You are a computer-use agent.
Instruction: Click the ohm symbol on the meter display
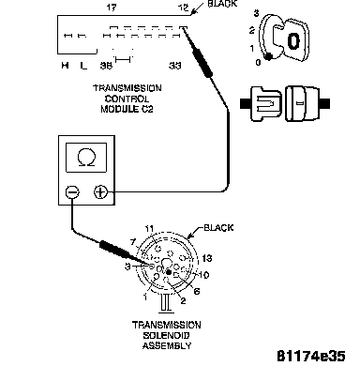86,157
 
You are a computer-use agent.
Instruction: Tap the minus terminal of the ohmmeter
72,191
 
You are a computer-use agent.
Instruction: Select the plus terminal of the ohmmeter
100,191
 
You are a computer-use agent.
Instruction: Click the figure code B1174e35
311,356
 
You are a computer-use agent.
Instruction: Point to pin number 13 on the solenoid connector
207,258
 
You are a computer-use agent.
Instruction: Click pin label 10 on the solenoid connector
203,275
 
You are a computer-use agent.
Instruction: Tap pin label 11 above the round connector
149,229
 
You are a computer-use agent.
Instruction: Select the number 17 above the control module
112,8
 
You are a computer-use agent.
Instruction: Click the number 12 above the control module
184,8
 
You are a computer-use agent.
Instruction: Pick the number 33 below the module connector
175,66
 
